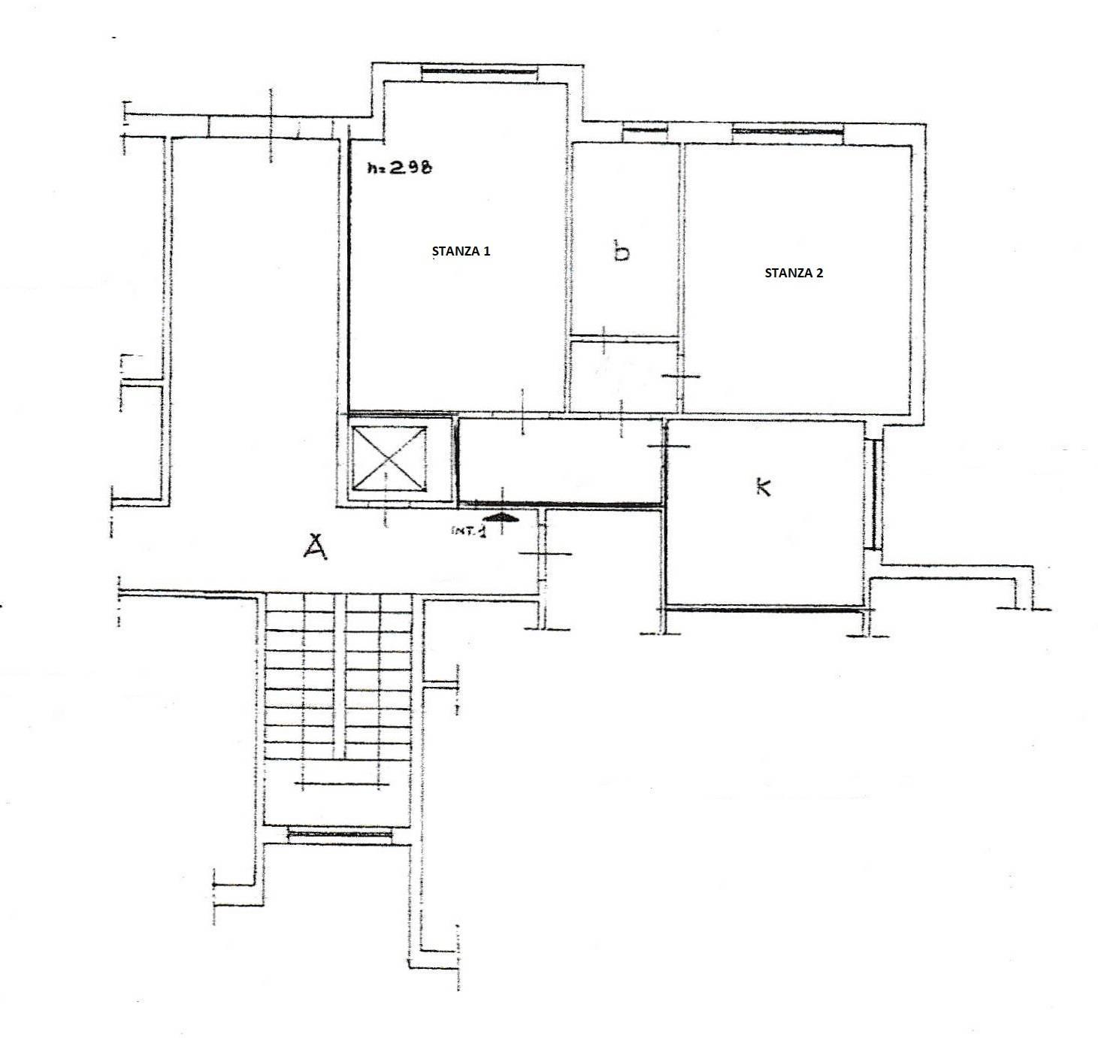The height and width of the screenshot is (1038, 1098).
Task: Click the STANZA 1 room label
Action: tap(461, 251)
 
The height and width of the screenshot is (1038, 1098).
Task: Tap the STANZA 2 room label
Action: tap(793, 273)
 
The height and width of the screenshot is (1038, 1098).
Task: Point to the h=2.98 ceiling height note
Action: tap(399, 167)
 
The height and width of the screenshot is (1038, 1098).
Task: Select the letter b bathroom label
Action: tap(621, 251)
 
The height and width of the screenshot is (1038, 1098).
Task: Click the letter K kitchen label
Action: tap(764, 487)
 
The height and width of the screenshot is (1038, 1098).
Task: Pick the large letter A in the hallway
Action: tap(315, 546)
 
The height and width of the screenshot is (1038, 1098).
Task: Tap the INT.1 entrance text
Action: tap(468, 531)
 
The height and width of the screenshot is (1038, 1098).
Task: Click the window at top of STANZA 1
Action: tap(479, 71)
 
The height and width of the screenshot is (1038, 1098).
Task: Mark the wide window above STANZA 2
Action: tap(788, 132)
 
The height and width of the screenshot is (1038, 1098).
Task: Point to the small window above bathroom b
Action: tap(645, 131)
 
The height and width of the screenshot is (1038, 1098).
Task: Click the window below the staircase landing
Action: tap(340, 834)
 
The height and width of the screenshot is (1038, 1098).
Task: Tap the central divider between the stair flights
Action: tap(340, 676)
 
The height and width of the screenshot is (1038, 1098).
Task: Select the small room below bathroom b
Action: tap(624, 375)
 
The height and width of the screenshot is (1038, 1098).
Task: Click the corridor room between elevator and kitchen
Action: tap(561, 460)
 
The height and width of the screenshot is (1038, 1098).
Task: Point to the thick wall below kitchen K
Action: tap(763, 609)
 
